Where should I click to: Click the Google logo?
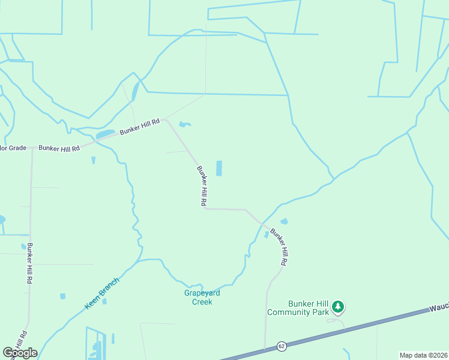[x=20, y=352]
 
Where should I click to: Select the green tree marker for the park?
[x=338, y=307]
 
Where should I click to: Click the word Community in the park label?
[x=289, y=312]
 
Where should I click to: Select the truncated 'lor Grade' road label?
[x=13, y=148]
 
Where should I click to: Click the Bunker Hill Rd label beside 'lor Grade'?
[x=59, y=148]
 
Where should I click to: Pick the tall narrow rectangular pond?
[x=218, y=168]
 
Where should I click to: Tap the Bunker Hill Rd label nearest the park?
[x=279, y=247]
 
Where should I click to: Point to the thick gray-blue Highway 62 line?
[x=360, y=328]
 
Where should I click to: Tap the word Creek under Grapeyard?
[x=202, y=302]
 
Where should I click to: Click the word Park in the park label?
[x=319, y=312]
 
